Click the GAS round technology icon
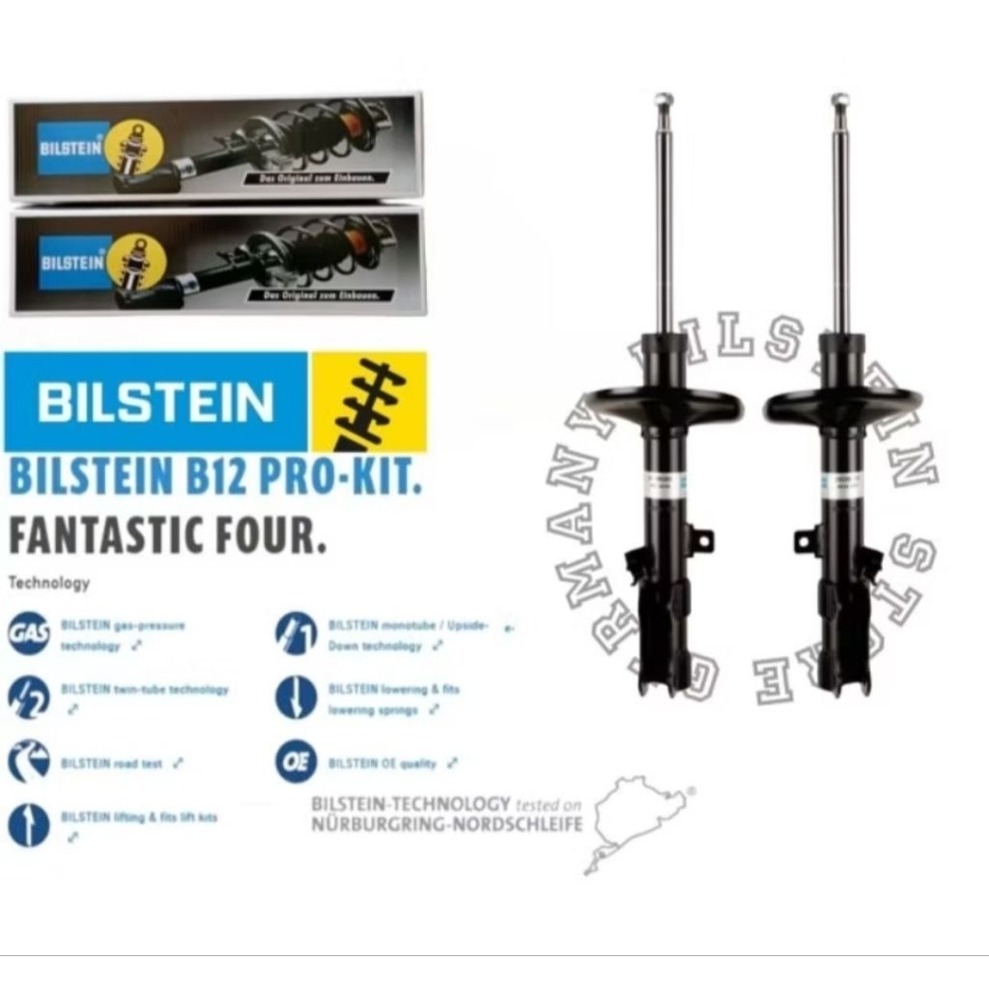coord(29,633)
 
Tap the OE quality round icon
coord(296,762)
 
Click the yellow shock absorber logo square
coord(369,401)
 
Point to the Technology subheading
coord(48,582)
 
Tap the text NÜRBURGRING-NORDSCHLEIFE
coord(446,824)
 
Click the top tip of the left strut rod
coord(664,99)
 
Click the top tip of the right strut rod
coord(840,99)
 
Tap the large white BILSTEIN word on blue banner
coord(155,402)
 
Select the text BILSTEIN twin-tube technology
coord(145,690)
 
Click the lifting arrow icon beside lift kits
coord(29,826)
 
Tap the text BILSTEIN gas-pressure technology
coord(123,635)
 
